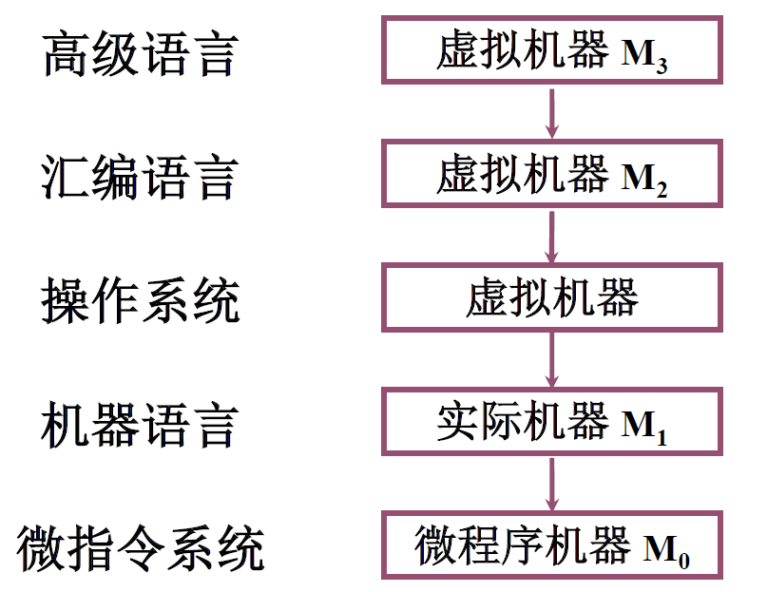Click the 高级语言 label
139,55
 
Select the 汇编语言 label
139,178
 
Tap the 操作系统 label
139,302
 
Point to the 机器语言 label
139,426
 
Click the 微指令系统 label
140,549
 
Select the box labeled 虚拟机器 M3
552,48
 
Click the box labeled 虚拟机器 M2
552,174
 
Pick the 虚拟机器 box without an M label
552,297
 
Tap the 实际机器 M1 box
552,421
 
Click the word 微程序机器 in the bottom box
522,545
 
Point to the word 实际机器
521,421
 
